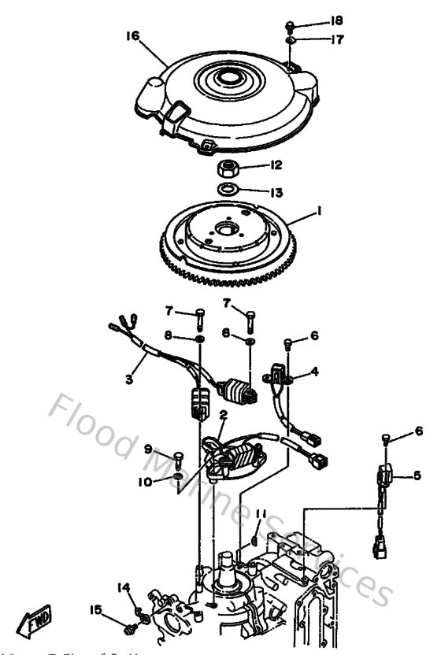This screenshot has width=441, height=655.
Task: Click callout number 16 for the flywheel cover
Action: click(132, 35)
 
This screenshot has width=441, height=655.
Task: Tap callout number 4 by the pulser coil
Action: click(314, 371)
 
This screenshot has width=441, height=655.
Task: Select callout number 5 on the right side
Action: click(417, 475)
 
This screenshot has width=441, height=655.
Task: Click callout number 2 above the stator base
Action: click(223, 414)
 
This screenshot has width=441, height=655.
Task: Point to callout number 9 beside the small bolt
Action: click(147, 449)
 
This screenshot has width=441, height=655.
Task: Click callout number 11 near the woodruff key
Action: click(261, 514)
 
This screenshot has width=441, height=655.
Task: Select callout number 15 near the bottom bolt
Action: click(95, 609)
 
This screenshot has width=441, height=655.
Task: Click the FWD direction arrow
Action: click(35, 626)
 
